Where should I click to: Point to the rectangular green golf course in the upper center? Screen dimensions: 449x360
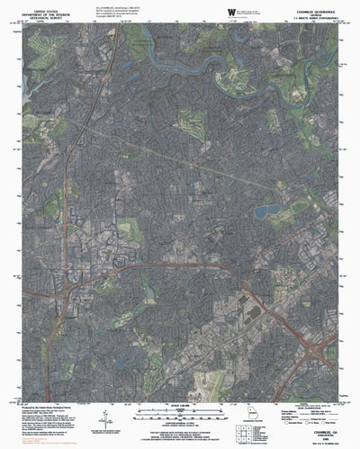click(191, 122)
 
